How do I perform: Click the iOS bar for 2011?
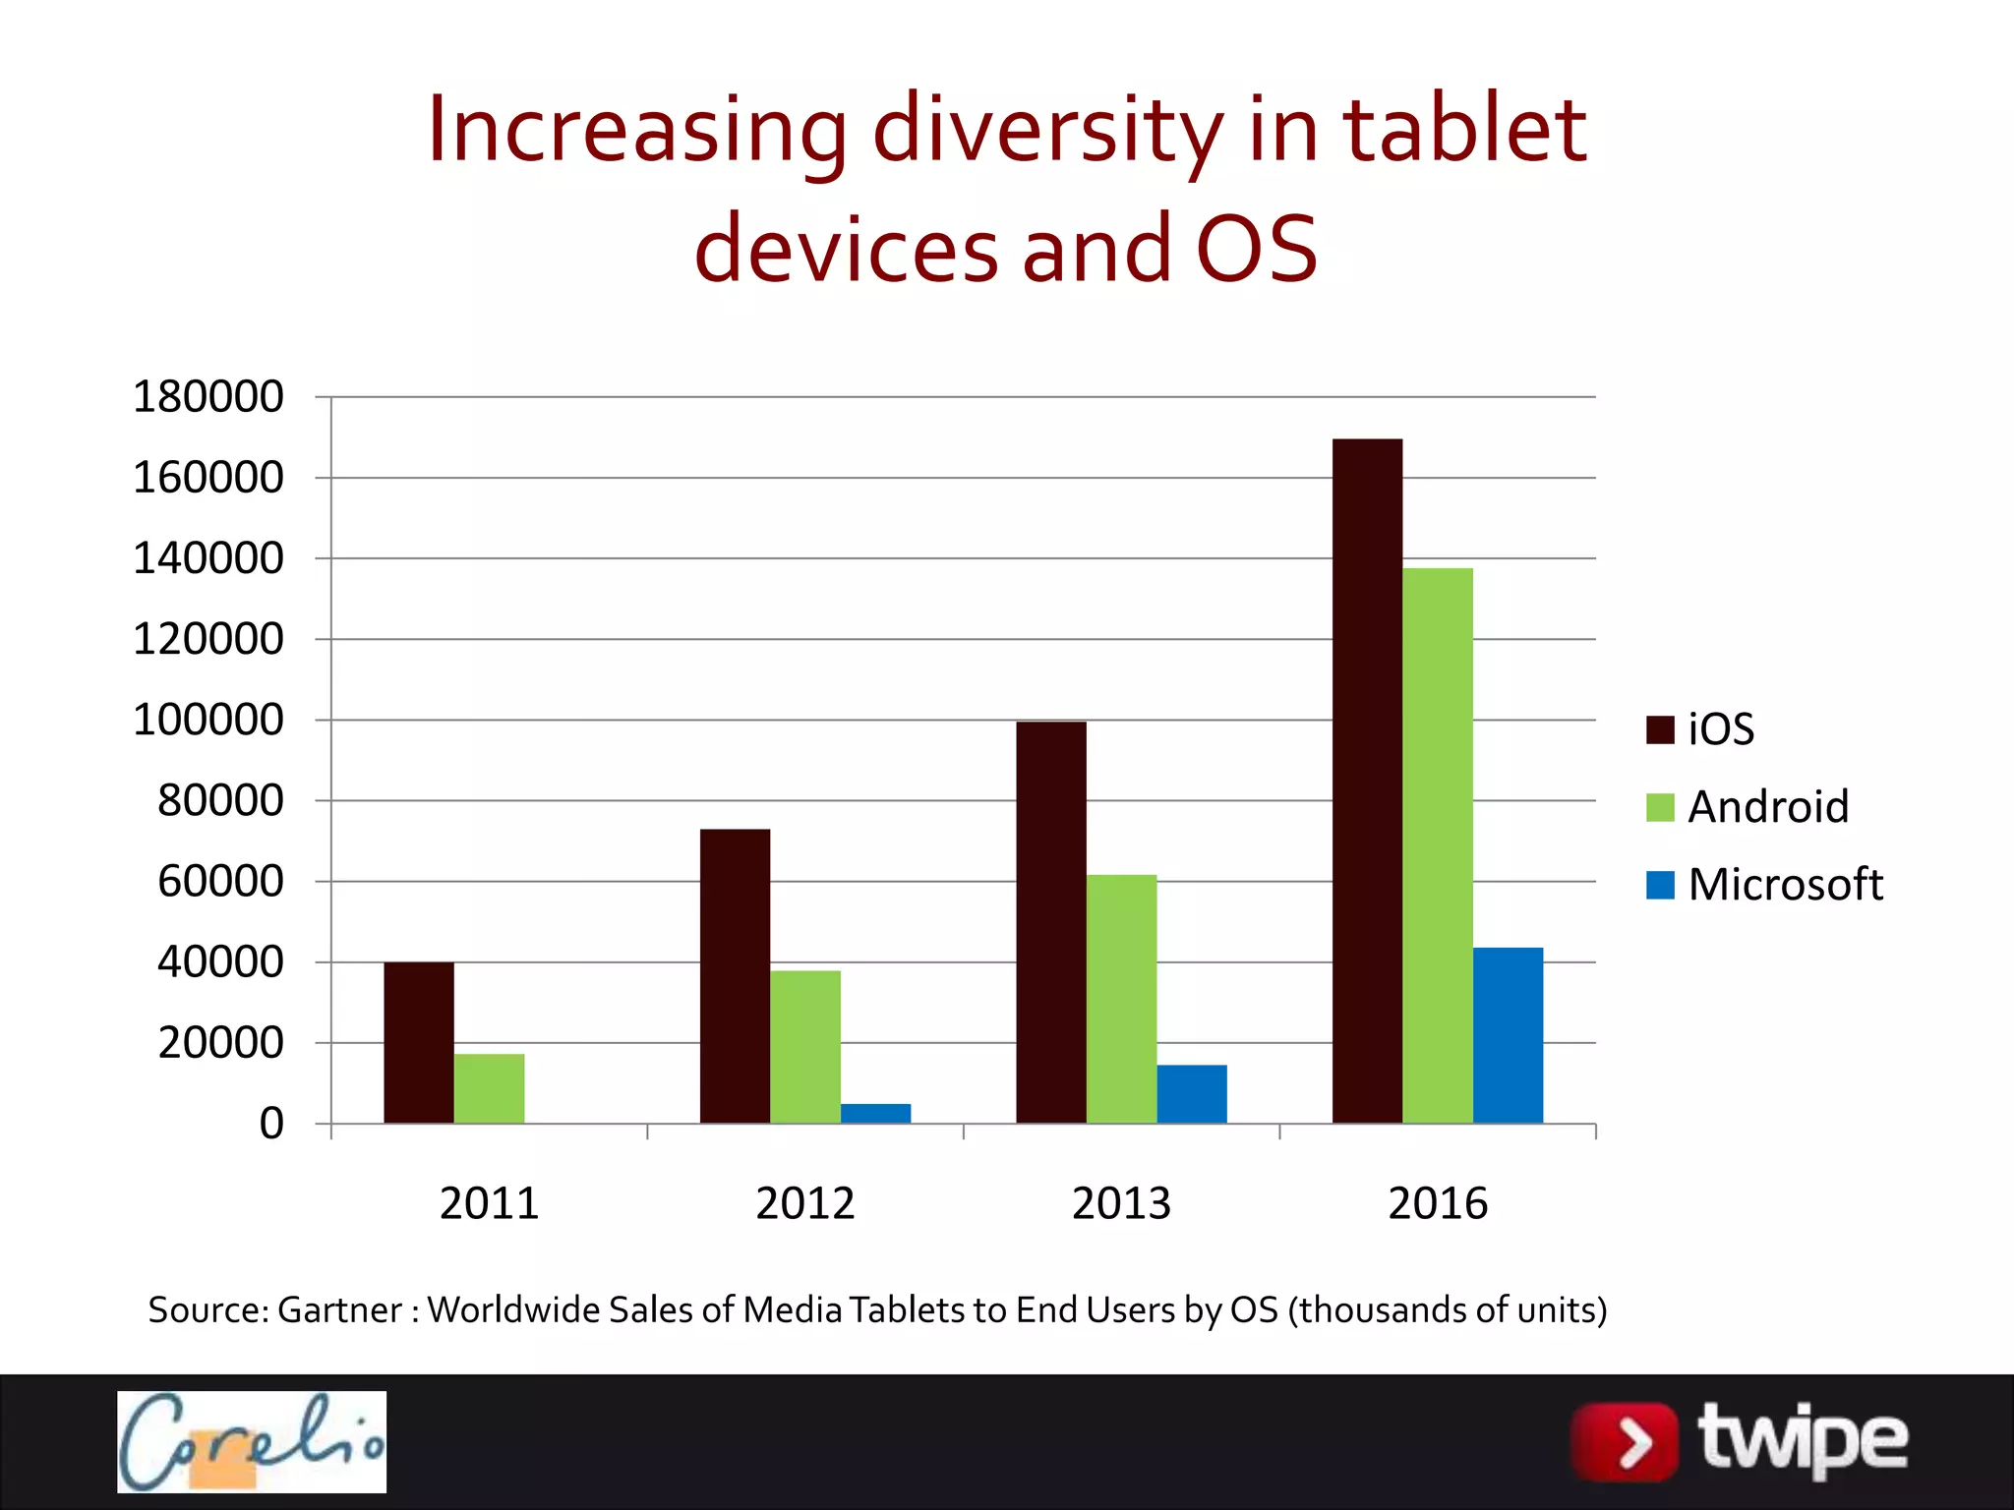pos(419,1042)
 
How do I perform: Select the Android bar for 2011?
pos(489,1088)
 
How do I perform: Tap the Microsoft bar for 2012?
pos(875,1113)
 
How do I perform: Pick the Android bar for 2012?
pos(805,1047)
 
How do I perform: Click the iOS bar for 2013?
pos(1051,922)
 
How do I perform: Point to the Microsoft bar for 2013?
pos(1192,1093)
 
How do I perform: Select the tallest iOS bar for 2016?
pos(1367,781)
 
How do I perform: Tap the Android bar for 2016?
pos(1438,845)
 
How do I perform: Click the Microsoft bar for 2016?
pos(1508,1035)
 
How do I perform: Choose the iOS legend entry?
pos(1701,729)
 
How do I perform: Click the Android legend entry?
pos(1747,807)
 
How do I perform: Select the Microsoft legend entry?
pos(1765,885)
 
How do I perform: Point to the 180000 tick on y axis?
pos(208,397)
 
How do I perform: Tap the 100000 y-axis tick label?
pos(208,720)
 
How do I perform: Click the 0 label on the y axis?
pos(271,1123)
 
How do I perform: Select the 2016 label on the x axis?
pos(1438,1203)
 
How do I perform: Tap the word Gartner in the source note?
pos(340,1310)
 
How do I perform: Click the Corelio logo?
pos(252,1441)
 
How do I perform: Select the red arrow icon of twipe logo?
pos(1625,1442)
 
